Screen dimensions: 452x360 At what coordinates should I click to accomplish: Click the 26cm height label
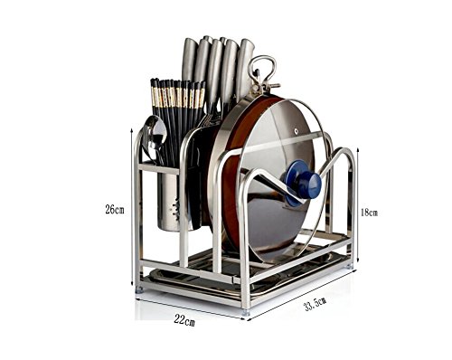point(115,209)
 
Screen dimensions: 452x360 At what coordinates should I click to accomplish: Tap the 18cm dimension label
point(369,213)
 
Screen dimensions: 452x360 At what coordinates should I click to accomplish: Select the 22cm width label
point(184,320)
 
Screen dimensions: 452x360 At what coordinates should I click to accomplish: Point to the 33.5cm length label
point(315,304)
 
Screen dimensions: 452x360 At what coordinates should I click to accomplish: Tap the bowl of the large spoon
point(155,132)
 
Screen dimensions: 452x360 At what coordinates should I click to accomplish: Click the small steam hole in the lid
point(297,132)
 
